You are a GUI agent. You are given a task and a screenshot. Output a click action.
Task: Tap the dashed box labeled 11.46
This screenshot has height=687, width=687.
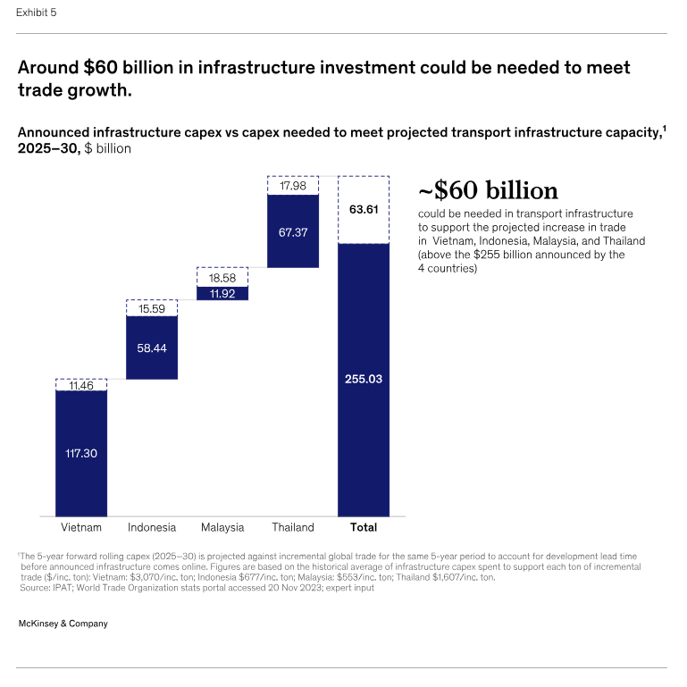pyautogui.click(x=81, y=384)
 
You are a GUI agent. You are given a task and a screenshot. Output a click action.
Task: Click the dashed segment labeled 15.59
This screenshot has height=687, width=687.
pyautogui.click(x=152, y=307)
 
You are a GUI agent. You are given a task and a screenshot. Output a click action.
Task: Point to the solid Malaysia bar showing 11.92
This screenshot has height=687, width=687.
pyautogui.click(x=222, y=293)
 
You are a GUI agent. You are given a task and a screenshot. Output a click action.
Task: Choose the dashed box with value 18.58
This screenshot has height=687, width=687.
pyautogui.click(x=222, y=276)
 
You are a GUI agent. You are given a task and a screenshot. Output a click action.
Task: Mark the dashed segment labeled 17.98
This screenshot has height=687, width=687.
pyautogui.click(x=293, y=186)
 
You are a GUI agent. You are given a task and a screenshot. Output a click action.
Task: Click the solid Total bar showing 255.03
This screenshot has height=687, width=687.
pyautogui.click(x=364, y=379)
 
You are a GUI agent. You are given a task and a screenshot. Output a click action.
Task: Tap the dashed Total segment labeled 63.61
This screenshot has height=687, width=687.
pyautogui.click(x=364, y=209)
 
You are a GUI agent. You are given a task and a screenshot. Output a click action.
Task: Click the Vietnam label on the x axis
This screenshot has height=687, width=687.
pyautogui.click(x=81, y=527)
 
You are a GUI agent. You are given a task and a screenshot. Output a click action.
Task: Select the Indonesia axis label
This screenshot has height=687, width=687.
pyautogui.click(x=152, y=527)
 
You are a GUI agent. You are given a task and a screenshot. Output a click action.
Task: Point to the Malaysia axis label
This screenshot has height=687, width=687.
pyautogui.click(x=222, y=527)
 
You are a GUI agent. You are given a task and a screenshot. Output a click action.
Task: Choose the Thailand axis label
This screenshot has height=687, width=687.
pyautogui.click(x=293, y=527)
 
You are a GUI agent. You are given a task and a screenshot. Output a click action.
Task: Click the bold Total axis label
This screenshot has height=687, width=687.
pyautogui.click(x=364, y=527)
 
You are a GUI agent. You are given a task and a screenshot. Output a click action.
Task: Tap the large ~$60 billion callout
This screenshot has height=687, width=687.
pyautogui.click(x=488, y=191)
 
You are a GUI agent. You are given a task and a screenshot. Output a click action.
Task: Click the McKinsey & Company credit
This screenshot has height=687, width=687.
pyautogui.click(x=63, y=624)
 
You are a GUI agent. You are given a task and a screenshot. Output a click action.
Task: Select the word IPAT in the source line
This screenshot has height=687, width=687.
pyautogui.click(x=67, y=588)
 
